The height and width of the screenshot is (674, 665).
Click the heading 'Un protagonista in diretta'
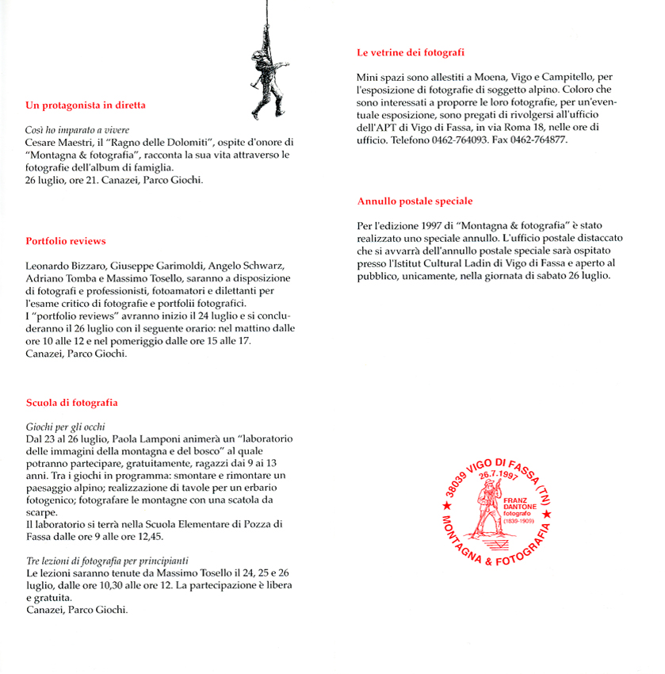86,105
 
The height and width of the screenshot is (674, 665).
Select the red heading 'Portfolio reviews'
66,241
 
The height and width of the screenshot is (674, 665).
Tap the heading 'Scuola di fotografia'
72,403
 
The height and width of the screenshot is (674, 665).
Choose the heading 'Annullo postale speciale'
415,201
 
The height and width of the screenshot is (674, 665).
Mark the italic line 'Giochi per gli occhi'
66,427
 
